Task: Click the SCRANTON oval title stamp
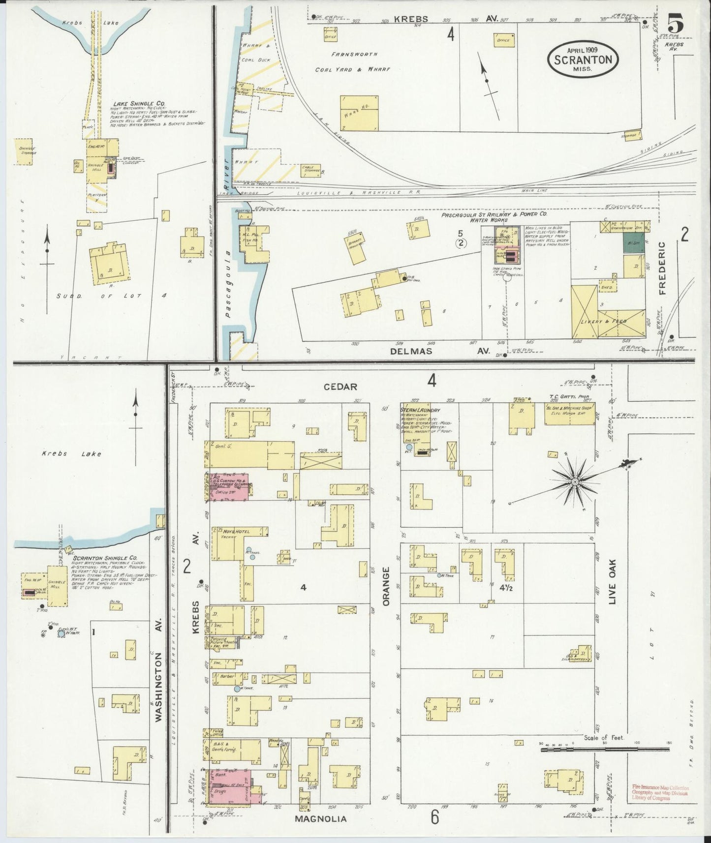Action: coord(583,60)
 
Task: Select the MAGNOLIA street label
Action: coord(320,819)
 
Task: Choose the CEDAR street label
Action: coord(340,387)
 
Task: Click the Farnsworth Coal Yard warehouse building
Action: coord(359,112)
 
